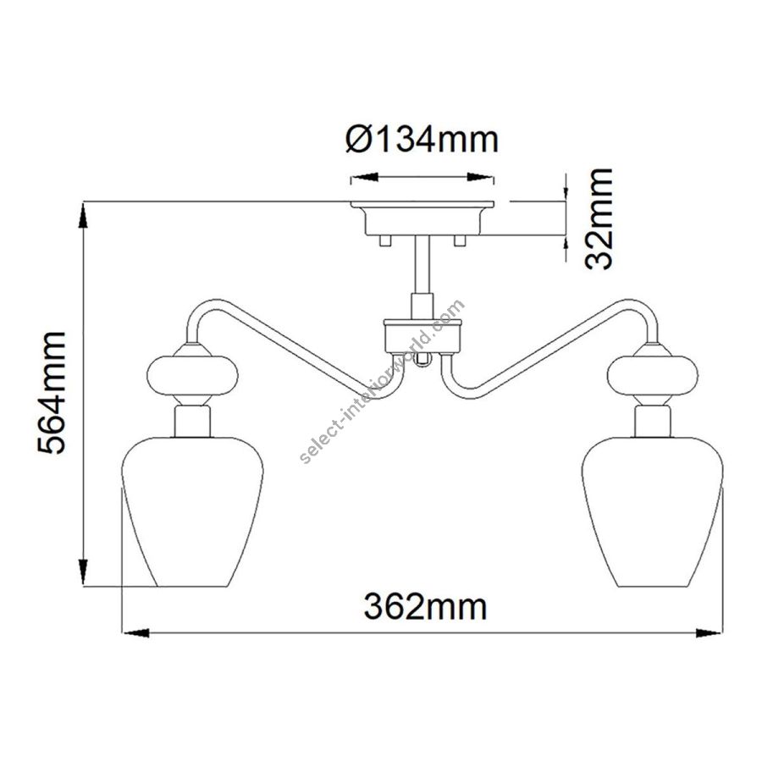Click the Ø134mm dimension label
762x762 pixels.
pyautogui.click(x=422, y=140)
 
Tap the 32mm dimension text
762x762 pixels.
pyautogui.click(x=599, y=218)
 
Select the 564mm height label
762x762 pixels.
pyautogui.click(x=51, y=393)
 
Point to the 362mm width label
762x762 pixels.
pyautogui.click(x=425, y=606)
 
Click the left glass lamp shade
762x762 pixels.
pyautogui.click(x=192, y=511)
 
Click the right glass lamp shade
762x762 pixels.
pyautogui.click(x=653, y=511)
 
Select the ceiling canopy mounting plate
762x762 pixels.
pyautogui.click(x=422, y=218)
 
